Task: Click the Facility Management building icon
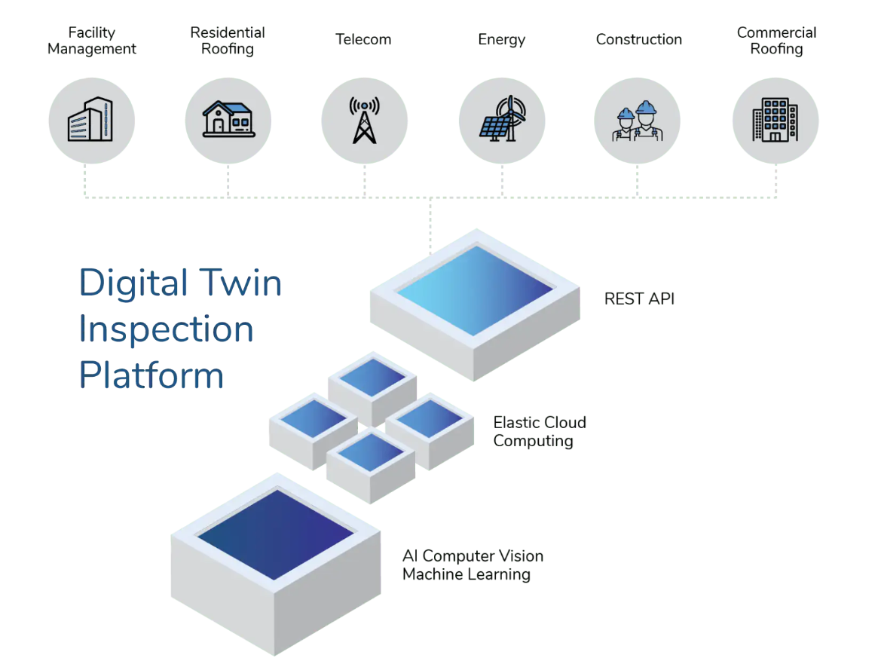(x=90, y=119)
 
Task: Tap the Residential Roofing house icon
(x=228, y=119)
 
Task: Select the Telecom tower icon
(x=364, y=120)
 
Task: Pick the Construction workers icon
(x=637, y=121)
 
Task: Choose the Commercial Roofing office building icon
(x=775, y=120)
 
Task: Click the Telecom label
(x=363, y=39)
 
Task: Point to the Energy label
(x=502, y=40)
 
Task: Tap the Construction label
(x=639, y=39)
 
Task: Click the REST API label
(x=639, y=298)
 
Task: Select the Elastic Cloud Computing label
(x=540, y=431)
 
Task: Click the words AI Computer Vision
(x=473, y=556)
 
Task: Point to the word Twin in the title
(x=240, y=282)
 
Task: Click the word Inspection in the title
(x=167, y=329)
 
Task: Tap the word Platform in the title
(x=151, y=375)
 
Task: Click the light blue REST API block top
(x=476, y=290)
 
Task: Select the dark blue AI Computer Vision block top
(x=276, y=534)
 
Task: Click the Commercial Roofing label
(x=776, y=41)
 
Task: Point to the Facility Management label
(x=92, y=41)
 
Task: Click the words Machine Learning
(x=467, y=574)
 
